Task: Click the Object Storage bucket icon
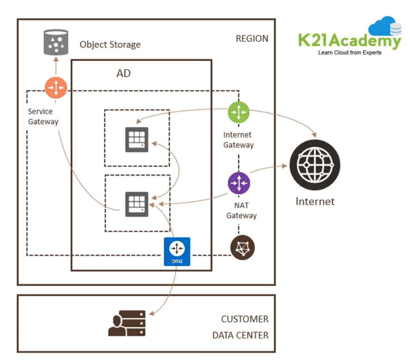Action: coord(56,42)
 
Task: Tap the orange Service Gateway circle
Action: coord(56,88)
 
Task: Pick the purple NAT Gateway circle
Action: coord(239,183)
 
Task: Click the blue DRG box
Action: coord(177,251)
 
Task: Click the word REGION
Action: coord(252,39)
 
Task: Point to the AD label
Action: coord(123,73)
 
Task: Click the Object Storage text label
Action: coord(110,44)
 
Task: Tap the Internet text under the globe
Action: coord(315,202)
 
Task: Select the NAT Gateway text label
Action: coord(241,211)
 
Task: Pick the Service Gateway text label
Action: coord(43,117)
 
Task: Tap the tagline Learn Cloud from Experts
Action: coord(350,52)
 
